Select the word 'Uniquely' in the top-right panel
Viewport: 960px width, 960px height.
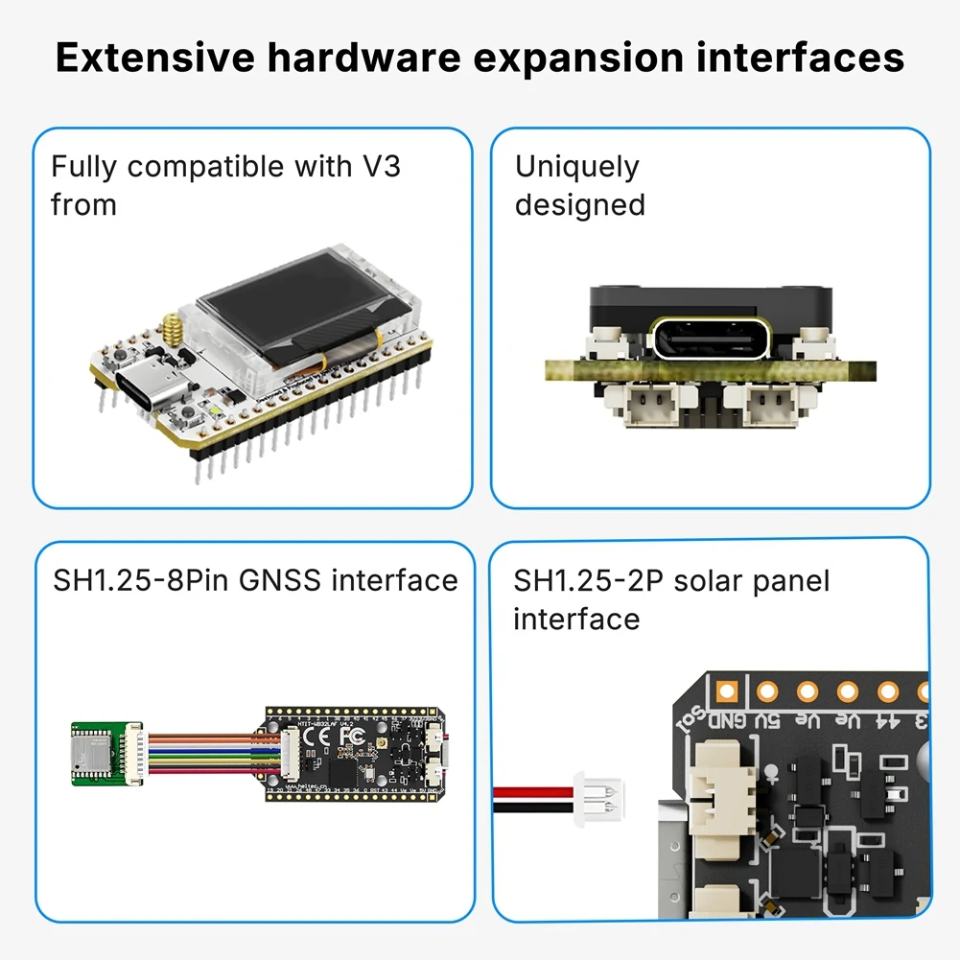[x=576, y=167]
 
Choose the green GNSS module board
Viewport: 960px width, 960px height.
[x=100, y=754]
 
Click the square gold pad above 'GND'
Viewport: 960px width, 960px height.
[x=726, y=690]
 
